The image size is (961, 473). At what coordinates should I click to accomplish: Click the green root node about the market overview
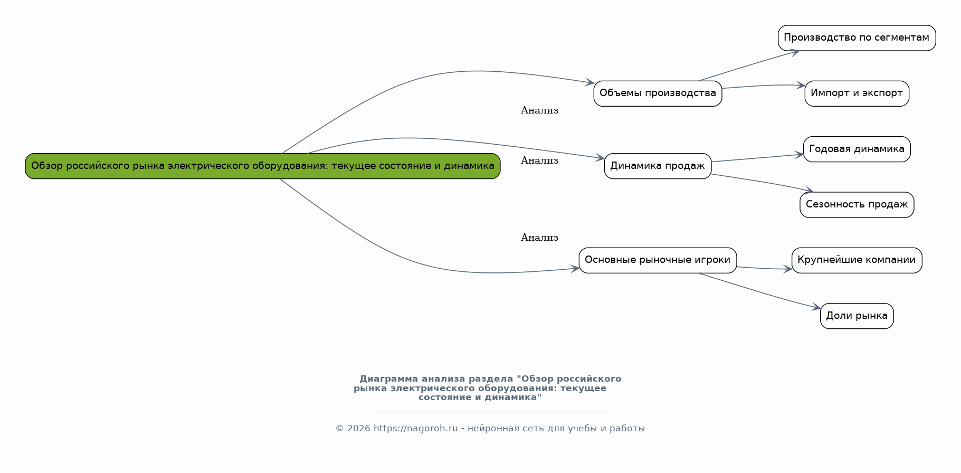click(x=263, y=166)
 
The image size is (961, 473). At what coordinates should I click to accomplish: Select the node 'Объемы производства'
click(x=658, y=93)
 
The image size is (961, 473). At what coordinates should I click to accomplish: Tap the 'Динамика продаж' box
click(x=658, y=166)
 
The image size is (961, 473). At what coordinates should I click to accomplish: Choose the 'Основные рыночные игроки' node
click(x=658, y=260)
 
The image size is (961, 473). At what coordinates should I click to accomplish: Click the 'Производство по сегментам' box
click(x=857, y=38)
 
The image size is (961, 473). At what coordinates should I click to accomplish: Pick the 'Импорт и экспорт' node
click(x=857, y=93)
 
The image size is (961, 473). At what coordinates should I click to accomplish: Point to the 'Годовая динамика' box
click(x=857, y=149)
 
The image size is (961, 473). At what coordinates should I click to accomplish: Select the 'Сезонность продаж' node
click(x=857, y=205)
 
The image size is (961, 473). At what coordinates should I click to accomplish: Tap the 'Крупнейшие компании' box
click(x=857, y=260)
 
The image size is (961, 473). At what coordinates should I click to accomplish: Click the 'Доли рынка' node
click(x=857, y=316)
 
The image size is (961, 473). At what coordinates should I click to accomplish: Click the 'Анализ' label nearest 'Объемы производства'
click(x=539, y=110)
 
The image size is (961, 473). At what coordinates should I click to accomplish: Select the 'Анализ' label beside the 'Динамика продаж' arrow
click(x=539, y=160)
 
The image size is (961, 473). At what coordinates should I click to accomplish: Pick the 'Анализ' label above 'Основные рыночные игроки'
click(x=539, y=238)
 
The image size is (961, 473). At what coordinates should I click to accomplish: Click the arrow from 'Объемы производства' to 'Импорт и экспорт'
click(x=763, y=86)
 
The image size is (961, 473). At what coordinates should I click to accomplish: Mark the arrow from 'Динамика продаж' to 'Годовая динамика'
click(x=757, y=158)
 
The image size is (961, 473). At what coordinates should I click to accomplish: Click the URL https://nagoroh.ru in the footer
click(x=415, y=429)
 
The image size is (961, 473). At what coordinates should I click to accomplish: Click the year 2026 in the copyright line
click(x=359, y=429)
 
